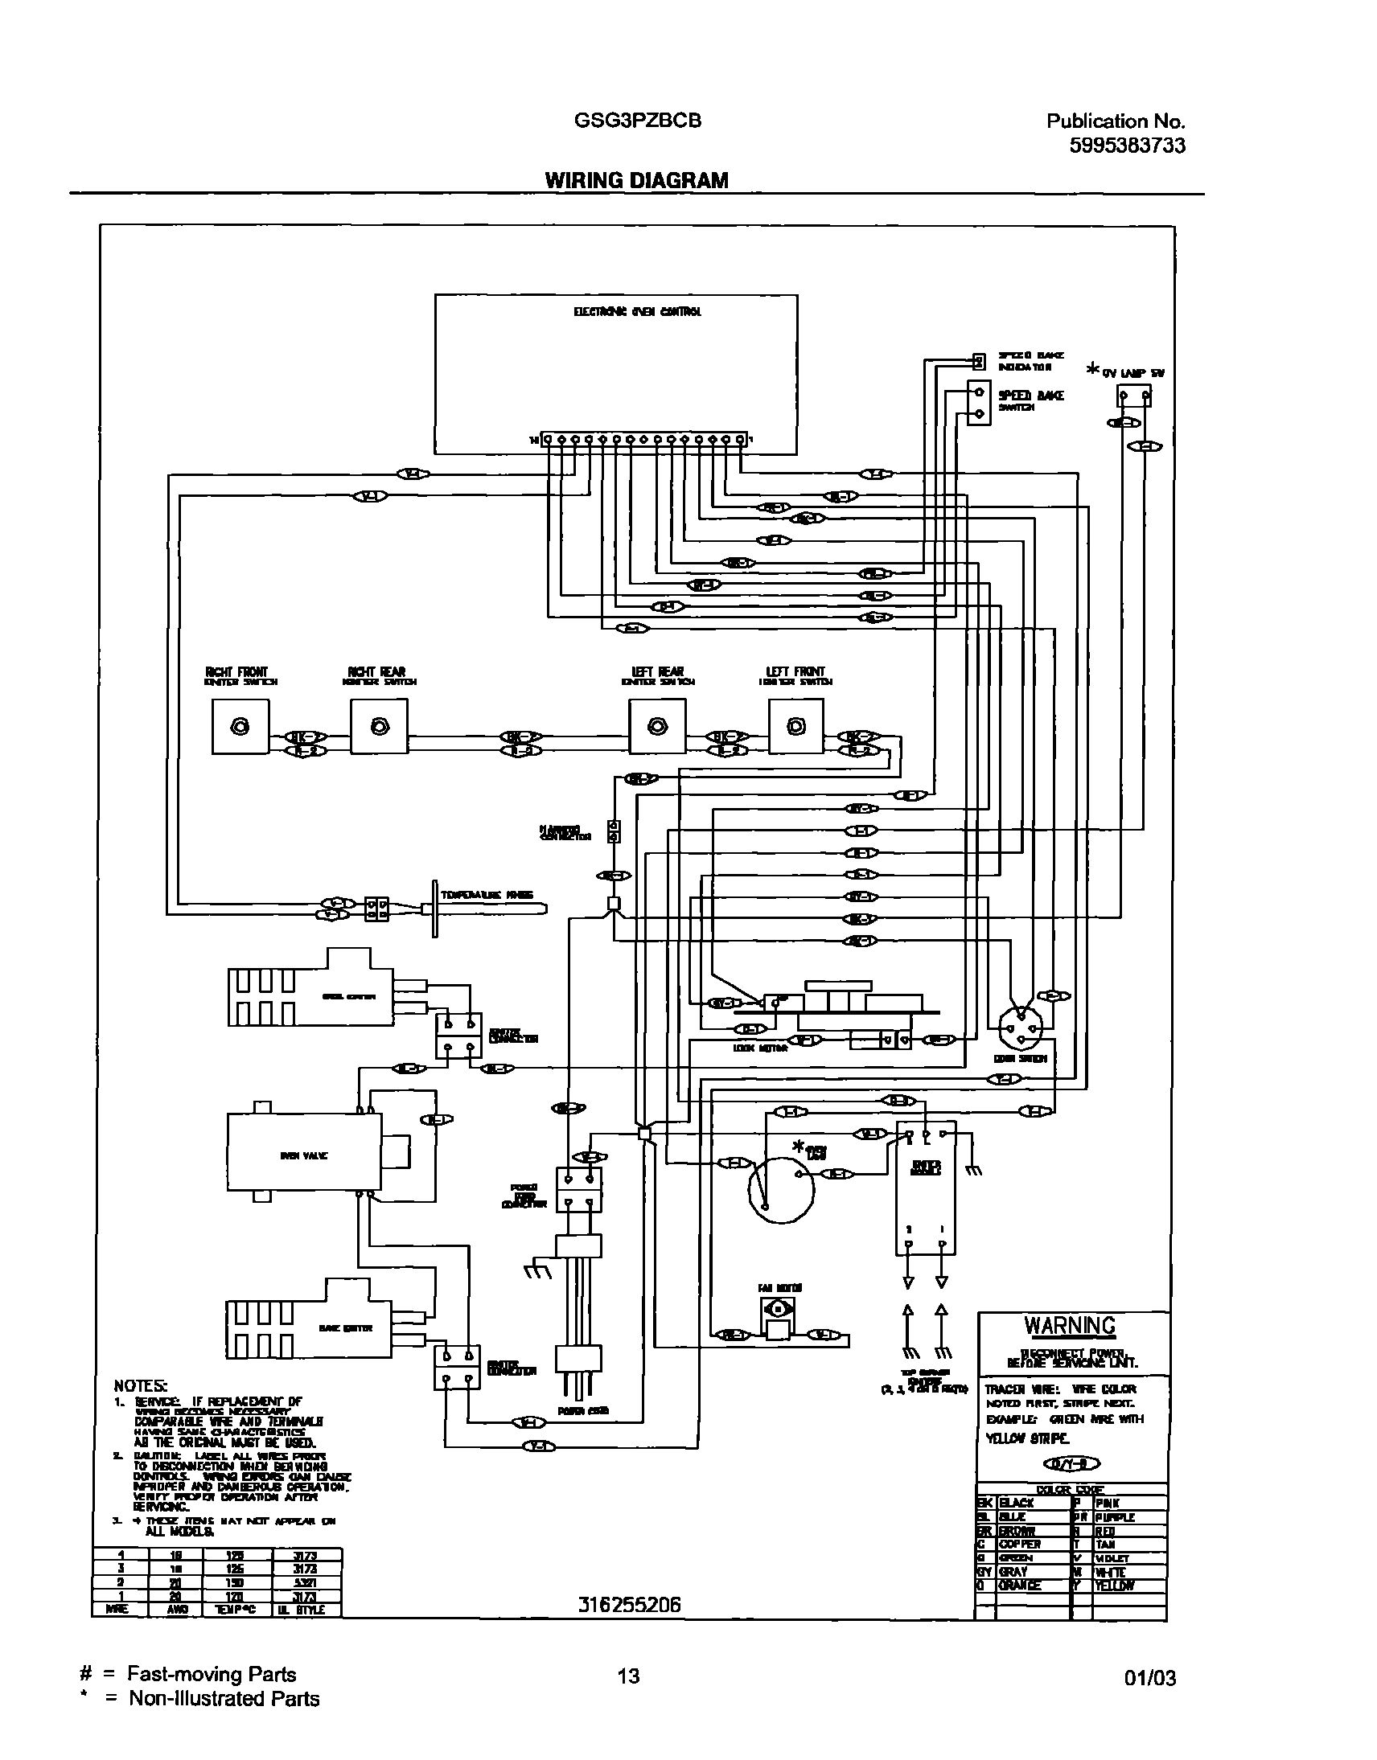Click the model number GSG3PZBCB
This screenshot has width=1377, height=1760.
pyautogui.click(x=637, y=121)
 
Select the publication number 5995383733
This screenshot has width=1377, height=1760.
pyautogui.click(x=1127, y=146)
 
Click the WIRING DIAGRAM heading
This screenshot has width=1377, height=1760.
pyautogui.click(x=636, y=181)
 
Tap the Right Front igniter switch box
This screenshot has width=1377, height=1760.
pyautogui.click(x=240, y=727)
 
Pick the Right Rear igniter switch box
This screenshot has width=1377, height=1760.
pyautogui.click(x=379, y=727)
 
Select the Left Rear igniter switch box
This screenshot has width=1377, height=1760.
pyautogui.click(x=657, y=727)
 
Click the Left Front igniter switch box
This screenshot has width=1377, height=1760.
pyautogui.click(x=795, y=727)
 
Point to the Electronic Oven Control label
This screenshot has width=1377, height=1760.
pyautogui.click(x=637, y=312)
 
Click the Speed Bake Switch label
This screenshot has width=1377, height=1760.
pyautogui.click(x=1030, y=400)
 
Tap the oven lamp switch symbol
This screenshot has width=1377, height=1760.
pyautogui.click(x=1133, y=396)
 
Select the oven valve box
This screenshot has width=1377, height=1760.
pyautogui.click(x=304, y=1155)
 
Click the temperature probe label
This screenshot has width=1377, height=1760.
pyautogui.click(x=486, y=896)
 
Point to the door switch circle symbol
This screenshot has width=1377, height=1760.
pyautogui.click(x=1021, y=1028)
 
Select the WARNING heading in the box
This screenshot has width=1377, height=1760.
pyautogui.click(x=1070, y=1326)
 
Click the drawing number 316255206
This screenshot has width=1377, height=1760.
pyautogui.click(x=629, y=1606)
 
